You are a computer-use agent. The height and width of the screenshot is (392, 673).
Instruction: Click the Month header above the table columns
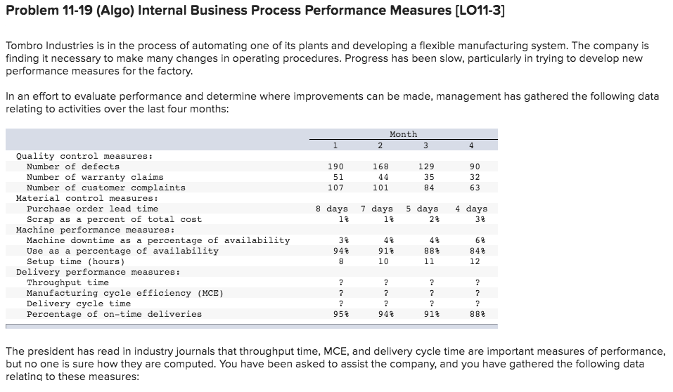point(403,134)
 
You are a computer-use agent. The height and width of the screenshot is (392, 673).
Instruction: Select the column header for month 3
point(425,146)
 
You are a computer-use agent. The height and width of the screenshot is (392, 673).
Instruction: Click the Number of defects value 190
point(335,166)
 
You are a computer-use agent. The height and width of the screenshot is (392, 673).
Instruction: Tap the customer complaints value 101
point(380,188)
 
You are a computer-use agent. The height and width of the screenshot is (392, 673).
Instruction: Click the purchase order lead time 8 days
point(332,209)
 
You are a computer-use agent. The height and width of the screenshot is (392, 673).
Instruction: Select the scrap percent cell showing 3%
point(474,219)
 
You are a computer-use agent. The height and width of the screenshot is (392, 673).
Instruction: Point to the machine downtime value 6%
point(474,240)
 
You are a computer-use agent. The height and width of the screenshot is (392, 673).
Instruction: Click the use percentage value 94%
point(335,251)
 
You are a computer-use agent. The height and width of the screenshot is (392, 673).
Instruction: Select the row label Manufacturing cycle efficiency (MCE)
point(124,293)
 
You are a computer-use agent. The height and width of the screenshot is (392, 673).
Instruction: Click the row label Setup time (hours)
point(75,261)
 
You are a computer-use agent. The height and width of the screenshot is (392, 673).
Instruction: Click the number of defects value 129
point(425,166)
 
